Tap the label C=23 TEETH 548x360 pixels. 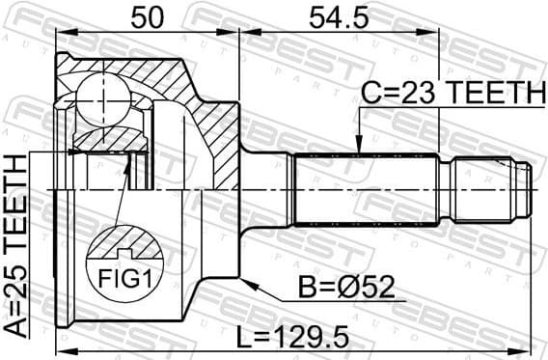click(x=452, y=92)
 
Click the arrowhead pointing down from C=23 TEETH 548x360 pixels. click(x=358, y=145)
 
